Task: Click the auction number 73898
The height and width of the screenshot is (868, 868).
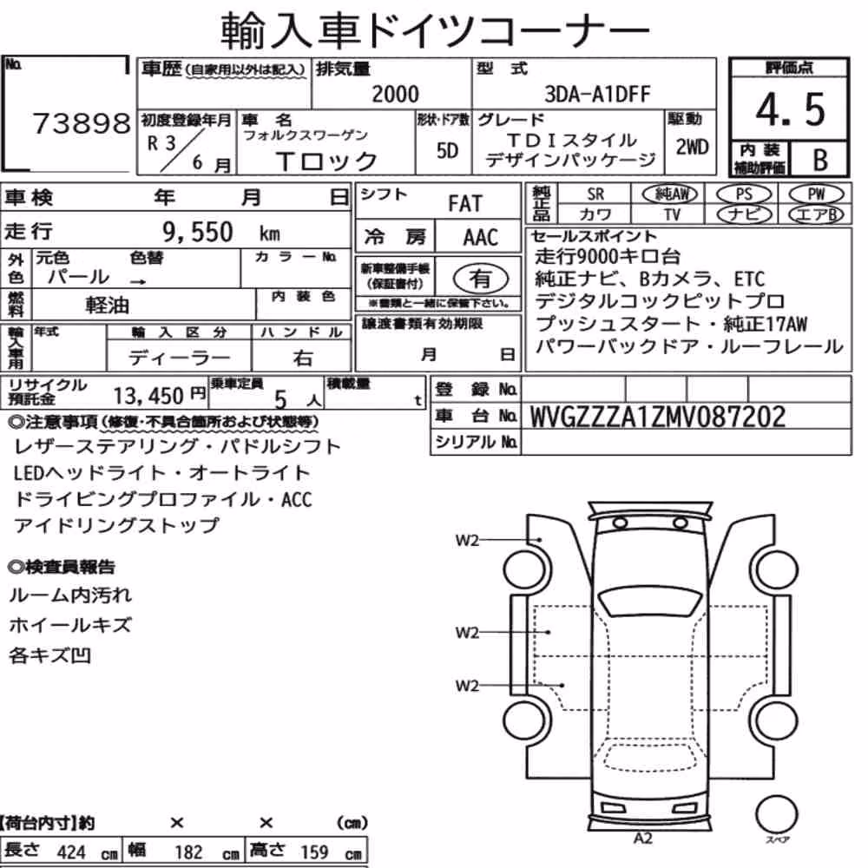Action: click(82, 123)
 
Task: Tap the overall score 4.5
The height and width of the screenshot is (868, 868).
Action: click(790, 109)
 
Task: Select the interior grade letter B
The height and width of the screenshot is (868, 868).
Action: click(820, 160)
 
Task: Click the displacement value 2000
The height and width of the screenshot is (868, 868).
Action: click(395, 94)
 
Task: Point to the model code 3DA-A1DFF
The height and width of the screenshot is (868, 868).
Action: click(597, 94)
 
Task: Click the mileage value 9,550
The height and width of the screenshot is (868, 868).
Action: click(198, 232)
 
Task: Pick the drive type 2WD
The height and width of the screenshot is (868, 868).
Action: click(692, 147)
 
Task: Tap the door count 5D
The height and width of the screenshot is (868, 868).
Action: click(447, 150)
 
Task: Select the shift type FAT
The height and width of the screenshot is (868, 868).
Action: click(465, 203)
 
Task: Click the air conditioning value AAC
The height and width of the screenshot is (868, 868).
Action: click(481, 237)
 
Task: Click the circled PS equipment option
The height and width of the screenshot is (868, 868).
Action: click(744, 194)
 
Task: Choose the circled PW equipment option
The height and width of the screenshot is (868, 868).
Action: click(816, 194)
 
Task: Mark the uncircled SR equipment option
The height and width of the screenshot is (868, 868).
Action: click(595, 194)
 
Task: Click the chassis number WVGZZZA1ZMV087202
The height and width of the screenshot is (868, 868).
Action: click(658, 417)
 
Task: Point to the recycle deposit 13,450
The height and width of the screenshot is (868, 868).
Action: click(148, 396)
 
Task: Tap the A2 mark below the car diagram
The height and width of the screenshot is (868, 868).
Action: click(642, 838)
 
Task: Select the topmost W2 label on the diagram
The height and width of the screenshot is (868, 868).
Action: click(467, 540)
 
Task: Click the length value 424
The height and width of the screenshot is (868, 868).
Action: click(71, 852)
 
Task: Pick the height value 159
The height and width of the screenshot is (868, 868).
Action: click(314, 852)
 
